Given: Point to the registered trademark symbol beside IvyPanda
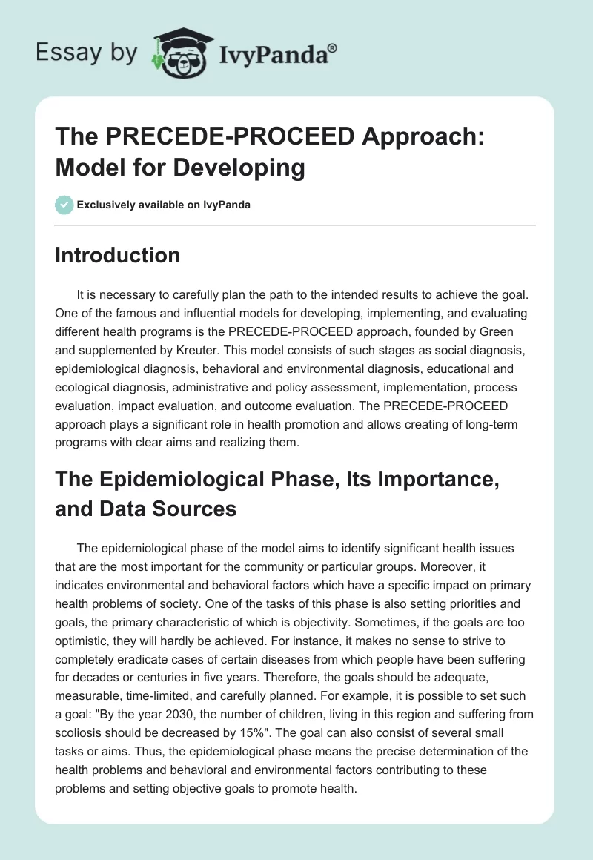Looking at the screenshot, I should [x=334, y=47].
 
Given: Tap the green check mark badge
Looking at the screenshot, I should [x=64, y=205].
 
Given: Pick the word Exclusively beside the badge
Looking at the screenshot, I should [x=106, y=205].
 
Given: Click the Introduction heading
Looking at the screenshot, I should [x=118, y=255].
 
